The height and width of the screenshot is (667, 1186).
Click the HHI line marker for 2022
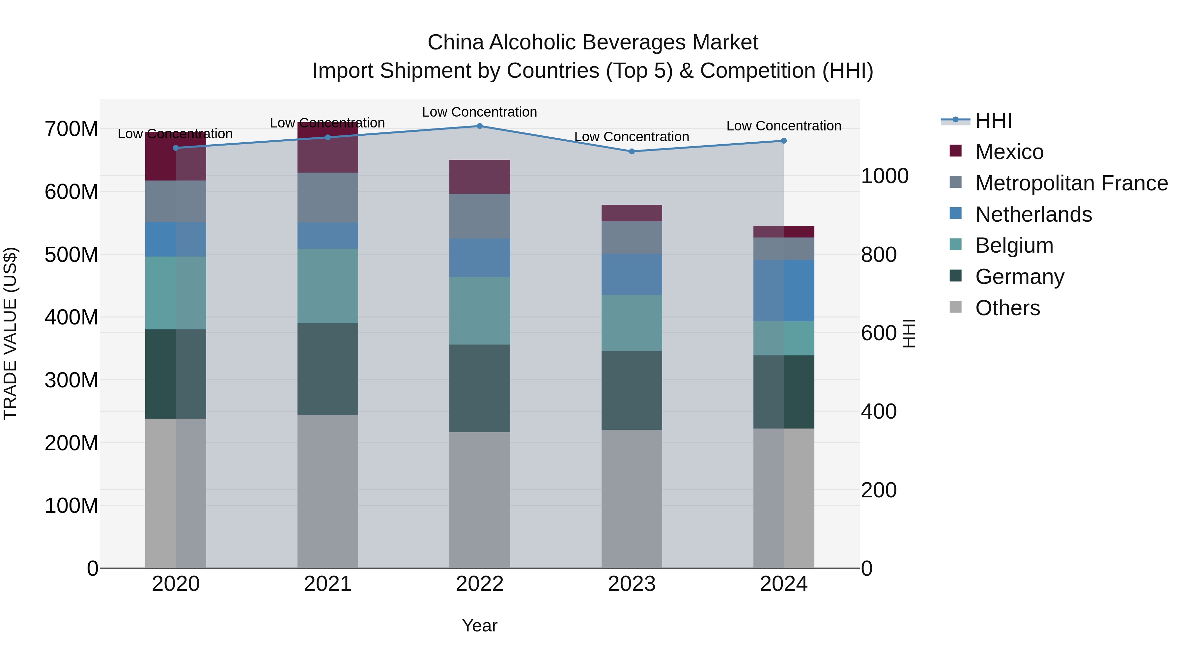pos(479,126)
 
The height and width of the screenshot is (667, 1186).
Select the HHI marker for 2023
pos(632,152)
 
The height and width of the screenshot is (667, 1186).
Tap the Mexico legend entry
pos(1009,152)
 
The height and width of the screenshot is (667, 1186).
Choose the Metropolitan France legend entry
pos(1071,183)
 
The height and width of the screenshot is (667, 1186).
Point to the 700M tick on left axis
pos(71,129)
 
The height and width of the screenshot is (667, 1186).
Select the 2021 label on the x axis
pos(327,584)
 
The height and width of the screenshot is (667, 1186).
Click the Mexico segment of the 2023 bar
pos(632,213)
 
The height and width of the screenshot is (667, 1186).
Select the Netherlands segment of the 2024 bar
pos(784,291)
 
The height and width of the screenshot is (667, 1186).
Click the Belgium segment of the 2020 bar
pos(175,293)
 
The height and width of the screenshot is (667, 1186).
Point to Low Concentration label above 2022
pos(479,112)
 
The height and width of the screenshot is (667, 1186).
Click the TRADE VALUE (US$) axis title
pos(10,333)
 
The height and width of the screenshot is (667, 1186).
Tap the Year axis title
pos(479,625)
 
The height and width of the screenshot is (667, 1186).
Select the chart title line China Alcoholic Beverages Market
pos(593,42)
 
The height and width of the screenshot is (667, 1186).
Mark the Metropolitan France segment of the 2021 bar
pos(327,198)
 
